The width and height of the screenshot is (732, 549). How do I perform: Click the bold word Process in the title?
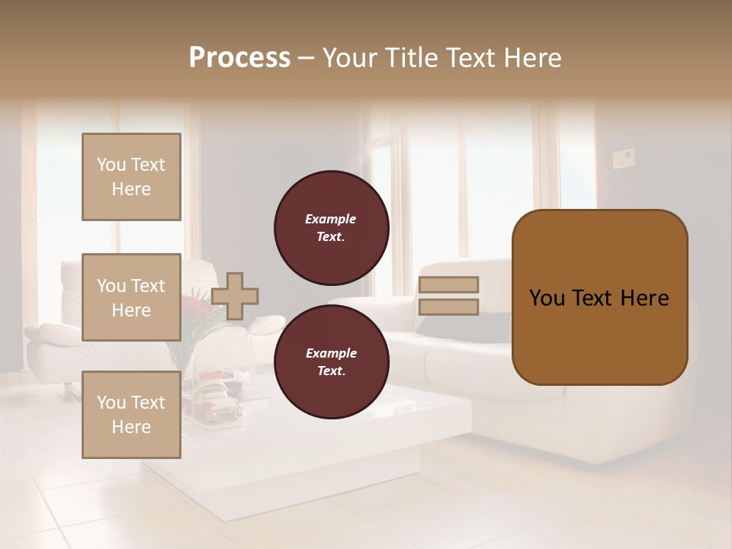coord(239,58)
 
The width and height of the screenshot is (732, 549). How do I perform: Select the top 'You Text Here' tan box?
coord(131,177)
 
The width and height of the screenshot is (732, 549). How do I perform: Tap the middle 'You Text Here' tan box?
coord(131,297)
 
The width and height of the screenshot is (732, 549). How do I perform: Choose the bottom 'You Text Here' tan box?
coord(131,415)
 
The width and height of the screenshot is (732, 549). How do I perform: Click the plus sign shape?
coord(235,296)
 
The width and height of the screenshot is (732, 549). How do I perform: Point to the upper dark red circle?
coord(331,228)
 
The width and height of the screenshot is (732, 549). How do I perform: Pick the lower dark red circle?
coord(331,362)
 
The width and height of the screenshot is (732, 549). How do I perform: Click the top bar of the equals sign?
coord(448,285)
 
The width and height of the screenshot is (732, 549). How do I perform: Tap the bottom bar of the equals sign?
coord(448,307)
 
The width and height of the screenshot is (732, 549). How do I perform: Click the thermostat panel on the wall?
coord(624,159)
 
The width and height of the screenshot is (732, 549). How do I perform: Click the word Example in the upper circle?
coord(331,219)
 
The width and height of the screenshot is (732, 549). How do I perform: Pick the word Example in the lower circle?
coord(331,353)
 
